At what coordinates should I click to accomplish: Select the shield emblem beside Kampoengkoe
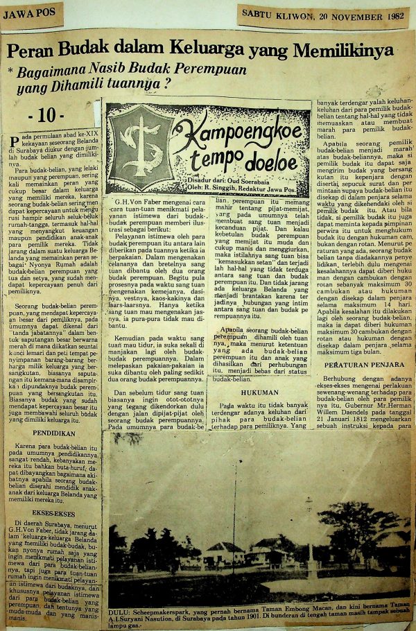coord(131,138)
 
